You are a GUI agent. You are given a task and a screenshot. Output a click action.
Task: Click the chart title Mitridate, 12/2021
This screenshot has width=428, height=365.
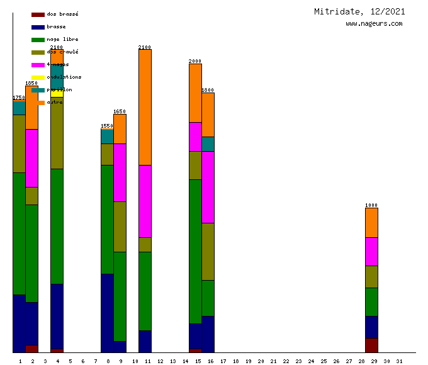(x=359, y=12)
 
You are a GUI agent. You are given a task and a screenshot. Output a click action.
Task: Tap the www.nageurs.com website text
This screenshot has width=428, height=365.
(x=374, y=24)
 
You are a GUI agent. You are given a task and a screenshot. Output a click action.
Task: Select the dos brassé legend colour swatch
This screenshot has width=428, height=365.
(x=38, y=14)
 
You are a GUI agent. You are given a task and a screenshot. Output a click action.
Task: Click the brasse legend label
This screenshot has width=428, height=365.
(x=56, y=26)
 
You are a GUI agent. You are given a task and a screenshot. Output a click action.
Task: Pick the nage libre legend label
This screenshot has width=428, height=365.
(x=62, y=39)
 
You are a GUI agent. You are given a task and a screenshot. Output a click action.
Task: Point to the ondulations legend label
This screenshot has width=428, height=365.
(x=64, y=77)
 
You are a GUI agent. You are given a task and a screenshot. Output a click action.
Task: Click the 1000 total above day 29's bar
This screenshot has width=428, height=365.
(x=371, y=205)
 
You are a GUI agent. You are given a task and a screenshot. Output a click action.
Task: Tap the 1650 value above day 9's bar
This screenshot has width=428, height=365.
(x=120, y=111)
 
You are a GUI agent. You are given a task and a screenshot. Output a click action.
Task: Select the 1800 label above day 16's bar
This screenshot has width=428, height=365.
(x=208, y=90)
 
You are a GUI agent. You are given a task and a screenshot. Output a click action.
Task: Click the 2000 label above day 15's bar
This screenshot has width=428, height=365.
(x=195, y=61)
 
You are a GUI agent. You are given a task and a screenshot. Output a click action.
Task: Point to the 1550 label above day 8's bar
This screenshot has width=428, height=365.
(x=107, y=126)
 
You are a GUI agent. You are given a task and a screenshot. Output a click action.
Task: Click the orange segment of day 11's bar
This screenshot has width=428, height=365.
(x=145, y=107)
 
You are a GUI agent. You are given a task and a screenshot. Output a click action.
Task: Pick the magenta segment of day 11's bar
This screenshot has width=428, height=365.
(x=145, y=201)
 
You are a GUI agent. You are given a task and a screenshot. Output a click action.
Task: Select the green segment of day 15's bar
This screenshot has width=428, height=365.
(x=195, y=251)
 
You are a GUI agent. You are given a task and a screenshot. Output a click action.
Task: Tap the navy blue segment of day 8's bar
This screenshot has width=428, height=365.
(x=107, y=313)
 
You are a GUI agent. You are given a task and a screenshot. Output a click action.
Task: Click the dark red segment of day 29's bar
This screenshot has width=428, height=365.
(x=371, y=345)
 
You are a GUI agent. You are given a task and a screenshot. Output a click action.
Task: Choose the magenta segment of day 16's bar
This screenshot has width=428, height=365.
(x=208, y=187)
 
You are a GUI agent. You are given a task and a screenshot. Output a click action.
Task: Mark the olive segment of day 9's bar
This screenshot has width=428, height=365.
(x=120, y=227)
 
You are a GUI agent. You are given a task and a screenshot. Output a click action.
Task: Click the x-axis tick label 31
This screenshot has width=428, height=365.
(x=399, y=361)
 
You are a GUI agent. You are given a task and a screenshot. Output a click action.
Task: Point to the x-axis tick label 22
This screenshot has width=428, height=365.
(x=286, y=361)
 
